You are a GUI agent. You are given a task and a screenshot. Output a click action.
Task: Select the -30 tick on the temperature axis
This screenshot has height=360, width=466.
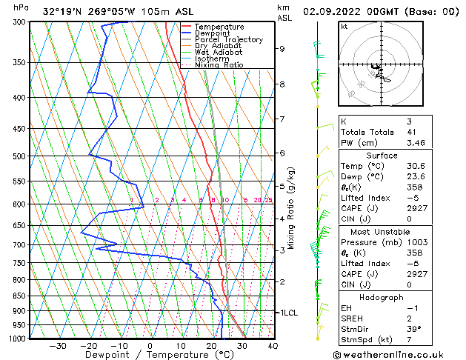click(x=58, y=346)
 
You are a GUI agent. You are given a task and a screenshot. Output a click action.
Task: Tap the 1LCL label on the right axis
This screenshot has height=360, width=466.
click(x=287, y=313)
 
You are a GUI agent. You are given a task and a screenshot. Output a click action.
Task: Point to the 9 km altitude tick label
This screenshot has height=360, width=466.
click(x=282, y=49)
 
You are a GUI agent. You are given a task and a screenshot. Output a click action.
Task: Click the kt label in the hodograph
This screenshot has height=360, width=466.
click(x=344, y=27)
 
